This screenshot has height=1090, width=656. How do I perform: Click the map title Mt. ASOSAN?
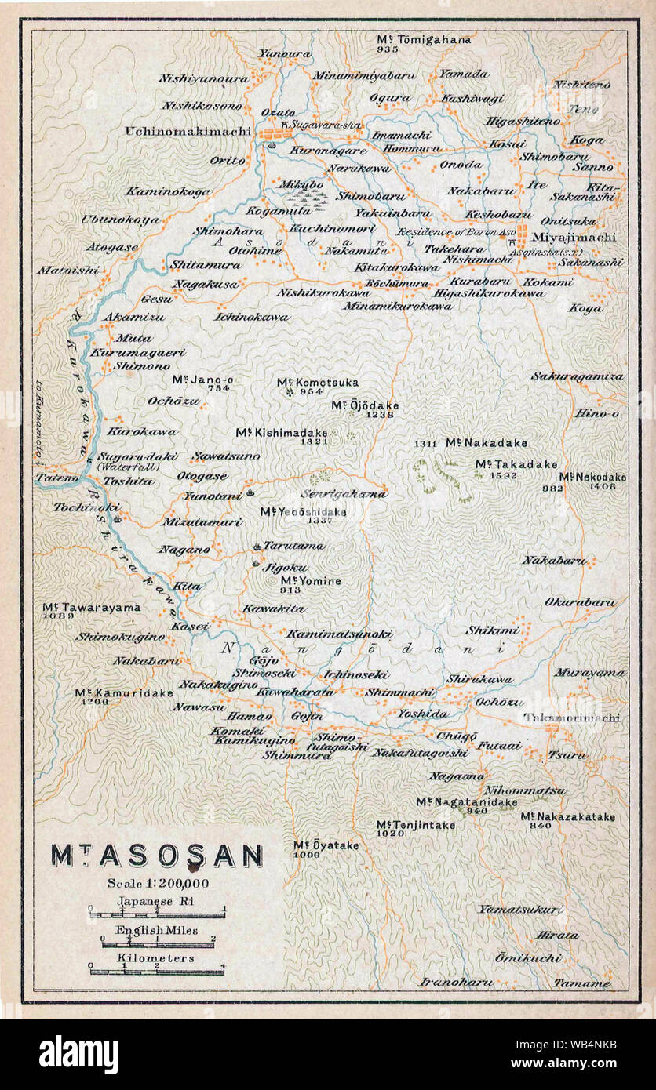pyautogui.click(x=157, y=856)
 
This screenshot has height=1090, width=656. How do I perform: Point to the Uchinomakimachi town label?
pyautogui.click(x=188, y=131)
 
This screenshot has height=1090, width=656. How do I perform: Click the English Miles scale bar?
pyautogui.click(x=157, y=943)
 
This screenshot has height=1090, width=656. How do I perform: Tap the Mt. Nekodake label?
pyautogui.click(x=592, y=476)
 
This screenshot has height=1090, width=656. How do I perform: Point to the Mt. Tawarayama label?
pyautogui.click(x=92, y=606)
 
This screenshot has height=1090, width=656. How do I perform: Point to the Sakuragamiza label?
pyautogui.click(x=578, y=376)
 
